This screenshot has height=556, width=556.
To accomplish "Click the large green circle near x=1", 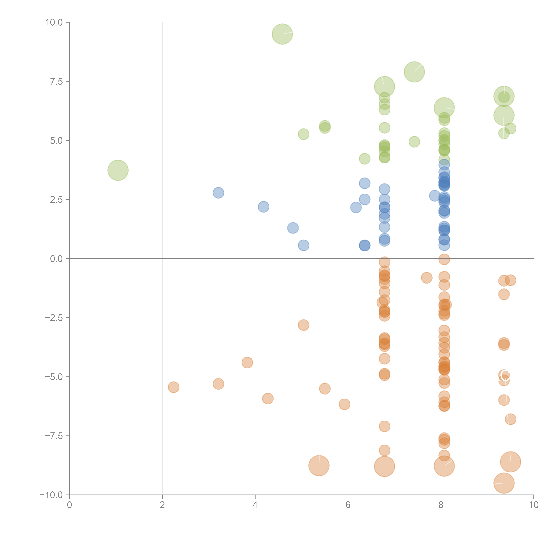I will click(118, 170).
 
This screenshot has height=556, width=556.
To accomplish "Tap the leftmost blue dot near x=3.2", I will click(218, 192).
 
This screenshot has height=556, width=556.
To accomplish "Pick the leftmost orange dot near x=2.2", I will click(174, 387).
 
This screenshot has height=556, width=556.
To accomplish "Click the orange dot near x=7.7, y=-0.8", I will click(426, 278).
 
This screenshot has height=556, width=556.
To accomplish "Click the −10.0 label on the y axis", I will click(51, 495).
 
